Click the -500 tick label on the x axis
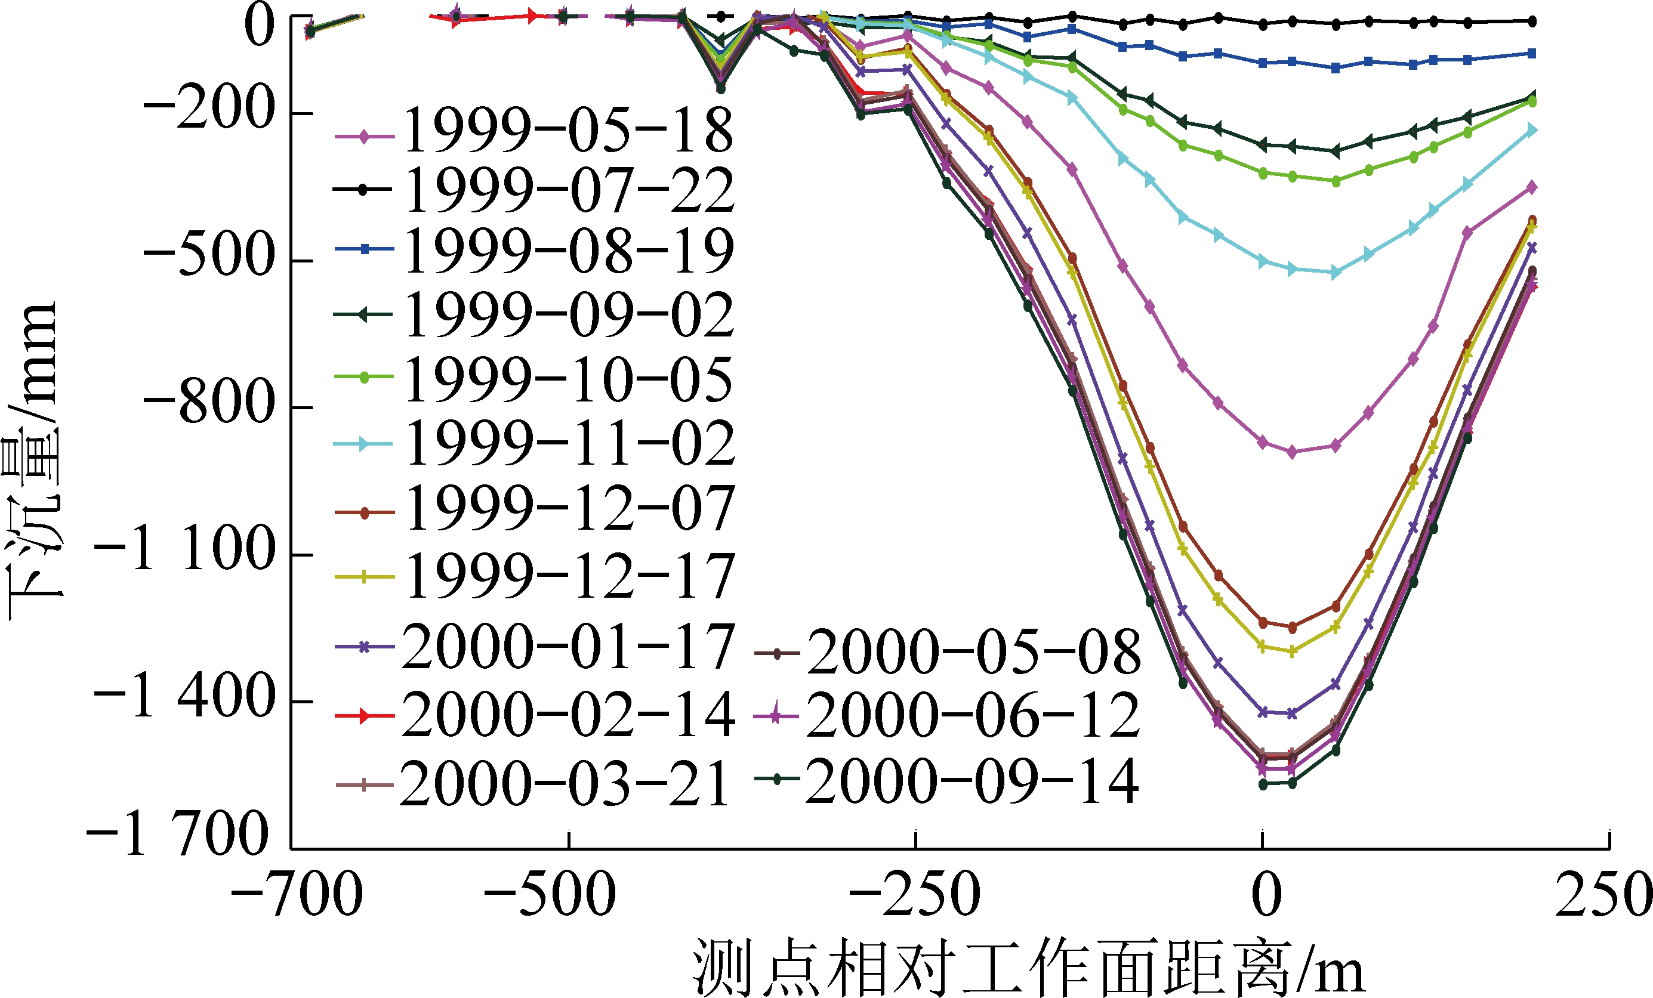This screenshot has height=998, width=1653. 550,895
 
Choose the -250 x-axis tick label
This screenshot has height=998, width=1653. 914,895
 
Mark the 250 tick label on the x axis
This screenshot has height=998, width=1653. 1603,895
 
